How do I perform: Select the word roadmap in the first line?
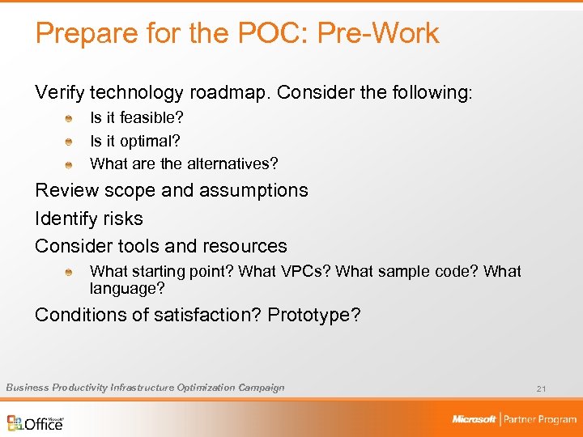click(225, 93)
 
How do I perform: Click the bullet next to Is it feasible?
click(70, 119)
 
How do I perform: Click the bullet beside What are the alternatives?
click(70, 164)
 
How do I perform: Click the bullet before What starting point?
click(70, 273)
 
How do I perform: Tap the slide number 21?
click(541, 389)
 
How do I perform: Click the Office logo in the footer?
click(36, 422)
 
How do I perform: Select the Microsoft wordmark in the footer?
click(474, 419)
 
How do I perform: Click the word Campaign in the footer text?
click(261, 388)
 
